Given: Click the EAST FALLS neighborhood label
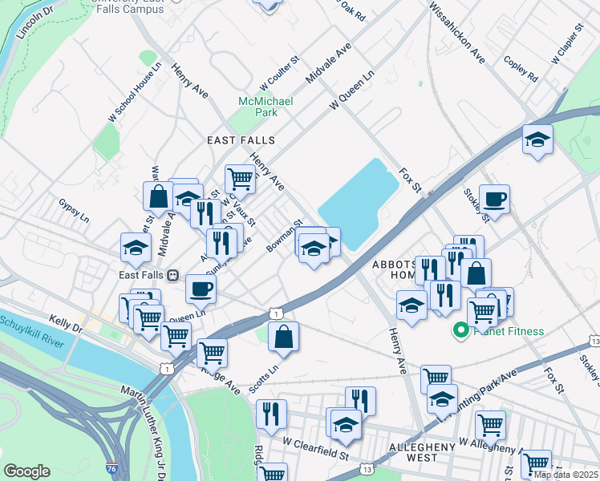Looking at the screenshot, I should click(241, 140).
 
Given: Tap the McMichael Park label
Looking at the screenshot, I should click(255, 107).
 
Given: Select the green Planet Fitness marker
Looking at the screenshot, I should click(461, 330).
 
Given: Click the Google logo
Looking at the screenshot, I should click(26, 471).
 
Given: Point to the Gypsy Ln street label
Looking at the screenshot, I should click(74, 211).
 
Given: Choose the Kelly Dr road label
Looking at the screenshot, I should click(66, 323).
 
